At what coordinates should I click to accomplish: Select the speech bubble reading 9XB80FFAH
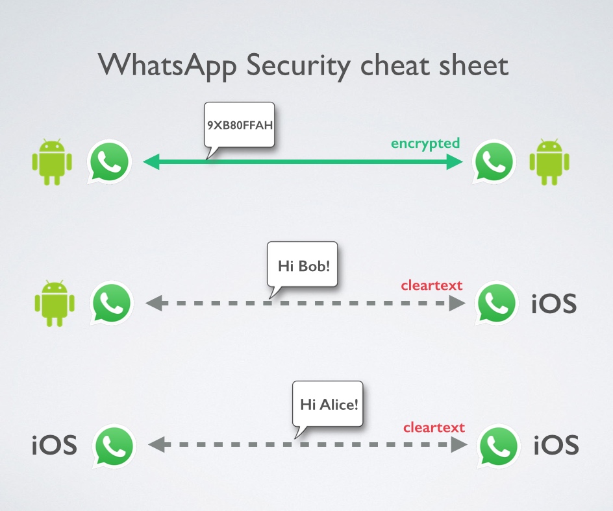(239, 123)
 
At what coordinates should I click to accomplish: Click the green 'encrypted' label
(425, 143)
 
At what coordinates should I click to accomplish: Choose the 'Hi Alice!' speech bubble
(329, 404)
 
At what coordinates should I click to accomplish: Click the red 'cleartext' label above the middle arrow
(432, 285)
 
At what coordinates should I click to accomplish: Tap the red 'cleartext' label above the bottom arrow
(434, 427)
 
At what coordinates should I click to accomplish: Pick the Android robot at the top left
(51, 161)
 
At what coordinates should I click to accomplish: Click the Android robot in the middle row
(54, 303)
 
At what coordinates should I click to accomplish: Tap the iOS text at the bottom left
(55, 446)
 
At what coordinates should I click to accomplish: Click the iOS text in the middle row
(554, 303)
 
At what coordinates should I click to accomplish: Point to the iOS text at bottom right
(556, 446)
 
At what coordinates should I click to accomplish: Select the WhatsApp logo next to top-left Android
(110, 161)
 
